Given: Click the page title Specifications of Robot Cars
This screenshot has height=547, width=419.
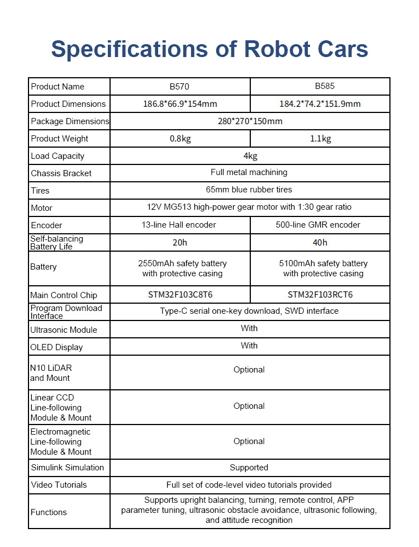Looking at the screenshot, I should click(x=209, y=49).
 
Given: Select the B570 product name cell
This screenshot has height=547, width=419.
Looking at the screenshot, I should click(x=180, y=87).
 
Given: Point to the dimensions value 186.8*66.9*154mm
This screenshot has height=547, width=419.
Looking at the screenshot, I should click(x=180, y=104).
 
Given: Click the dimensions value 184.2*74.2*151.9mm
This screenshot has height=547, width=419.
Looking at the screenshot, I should click(x=320, y=104).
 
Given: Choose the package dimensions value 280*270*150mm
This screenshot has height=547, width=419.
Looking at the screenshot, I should click(x=250, y=121).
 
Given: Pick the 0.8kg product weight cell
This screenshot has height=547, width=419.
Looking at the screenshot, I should click(x=180, y=139).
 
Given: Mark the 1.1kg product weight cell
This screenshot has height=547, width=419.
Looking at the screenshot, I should click(x=320, y=139).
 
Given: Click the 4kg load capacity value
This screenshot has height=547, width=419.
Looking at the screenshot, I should click(x=250, y=156).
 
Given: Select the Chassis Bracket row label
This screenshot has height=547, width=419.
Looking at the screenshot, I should click(x=61, y=173).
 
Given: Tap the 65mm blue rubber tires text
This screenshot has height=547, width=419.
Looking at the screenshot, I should click(x=249, y=190).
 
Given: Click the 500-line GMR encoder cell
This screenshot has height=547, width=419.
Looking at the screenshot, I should click(x=320, y=225).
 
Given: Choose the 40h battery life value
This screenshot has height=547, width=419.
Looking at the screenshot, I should click(x=320, y=242).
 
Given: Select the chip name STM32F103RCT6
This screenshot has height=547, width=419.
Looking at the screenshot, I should click(x=320, y=295).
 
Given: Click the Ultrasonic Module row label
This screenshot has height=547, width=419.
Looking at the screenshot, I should click(x=64, y=330).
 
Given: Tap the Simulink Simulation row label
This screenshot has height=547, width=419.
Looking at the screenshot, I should click(x=67, y=468).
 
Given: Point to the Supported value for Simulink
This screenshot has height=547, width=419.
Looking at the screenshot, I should click(x=249, y=468).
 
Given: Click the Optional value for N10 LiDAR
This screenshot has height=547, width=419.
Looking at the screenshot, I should click(x=249, y=370).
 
